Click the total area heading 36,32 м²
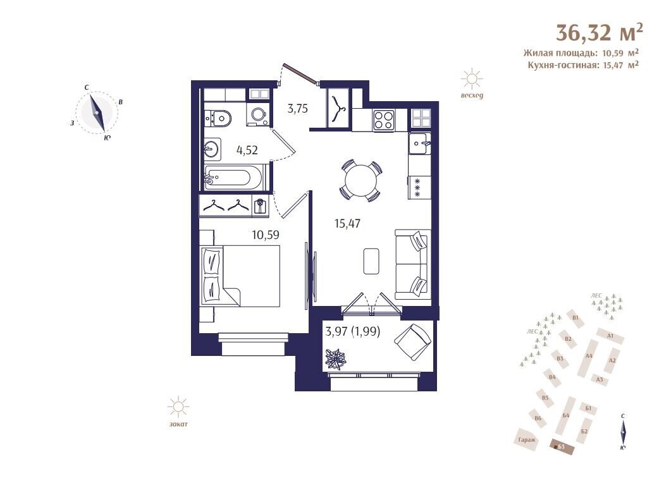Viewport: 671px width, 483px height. [x=599, y=32]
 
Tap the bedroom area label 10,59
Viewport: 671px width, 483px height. [x=266, y=235]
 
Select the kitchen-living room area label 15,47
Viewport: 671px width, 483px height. [x=347, y=223]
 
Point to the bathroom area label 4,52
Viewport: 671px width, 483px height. [x=247, y=150]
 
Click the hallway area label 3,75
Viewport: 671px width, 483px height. [x=297, y=109]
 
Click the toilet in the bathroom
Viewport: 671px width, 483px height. [x=218, y=117]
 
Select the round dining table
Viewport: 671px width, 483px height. [x=360, y=180]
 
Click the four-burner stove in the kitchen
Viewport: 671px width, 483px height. [x=383, y=119]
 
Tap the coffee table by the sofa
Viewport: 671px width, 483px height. [x=371, y=261]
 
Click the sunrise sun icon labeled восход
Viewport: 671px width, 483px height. [x=472, y=79]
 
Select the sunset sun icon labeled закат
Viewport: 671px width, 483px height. [x=178, y=407]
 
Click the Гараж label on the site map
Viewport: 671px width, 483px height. [x=526, y=439]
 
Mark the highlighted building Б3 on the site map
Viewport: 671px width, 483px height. [x=562, y=447]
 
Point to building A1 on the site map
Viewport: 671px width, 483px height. [x=610, y=336]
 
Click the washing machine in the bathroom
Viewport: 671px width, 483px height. [x=259, y=114]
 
